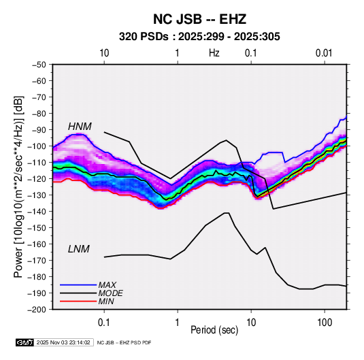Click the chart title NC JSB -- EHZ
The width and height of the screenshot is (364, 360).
(199, 19)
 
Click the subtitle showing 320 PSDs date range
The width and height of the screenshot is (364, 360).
(199, 37)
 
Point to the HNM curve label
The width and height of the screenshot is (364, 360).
(80, 127)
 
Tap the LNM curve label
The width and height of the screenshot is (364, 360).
(79, 249)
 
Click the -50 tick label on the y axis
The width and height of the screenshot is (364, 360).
(39, 65)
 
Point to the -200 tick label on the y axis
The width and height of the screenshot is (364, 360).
(37, 310)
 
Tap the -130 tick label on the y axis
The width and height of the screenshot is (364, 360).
(37, 195)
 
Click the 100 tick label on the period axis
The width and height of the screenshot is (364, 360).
(325, 323)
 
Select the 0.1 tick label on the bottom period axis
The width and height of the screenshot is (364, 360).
(104, 323)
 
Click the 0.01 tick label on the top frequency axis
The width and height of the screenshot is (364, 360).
(324, 53)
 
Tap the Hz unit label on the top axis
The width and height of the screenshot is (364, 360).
(214, 53)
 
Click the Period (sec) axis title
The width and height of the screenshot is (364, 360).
(214, 330)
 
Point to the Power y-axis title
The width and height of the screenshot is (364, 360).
(19, 186)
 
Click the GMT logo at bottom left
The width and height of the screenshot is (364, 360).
(25, 342)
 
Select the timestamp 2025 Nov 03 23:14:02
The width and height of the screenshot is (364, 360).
(63, 342)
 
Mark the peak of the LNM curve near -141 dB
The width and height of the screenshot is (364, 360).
(227, 213)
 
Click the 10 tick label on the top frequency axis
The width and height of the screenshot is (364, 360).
(104, 53)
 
